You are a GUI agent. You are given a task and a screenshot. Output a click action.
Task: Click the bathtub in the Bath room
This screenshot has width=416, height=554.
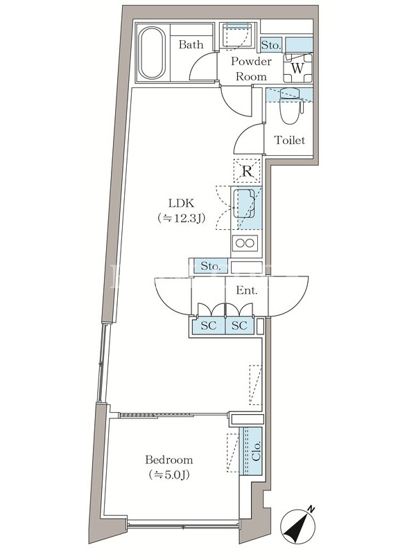pyautogui.click(x=153, y=54)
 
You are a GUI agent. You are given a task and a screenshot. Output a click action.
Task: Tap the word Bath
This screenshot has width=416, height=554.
pyautogui.click(x=191, y=44)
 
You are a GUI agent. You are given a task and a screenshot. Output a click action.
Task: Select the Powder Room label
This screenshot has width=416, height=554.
pyautogui.click(x=251, y=69)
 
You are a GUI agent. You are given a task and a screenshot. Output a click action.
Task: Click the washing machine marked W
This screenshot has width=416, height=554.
pyautogui.click(x=298, y=67)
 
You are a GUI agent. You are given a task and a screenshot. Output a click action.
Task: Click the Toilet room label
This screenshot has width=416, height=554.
pyautogui.click(x=290, y=141)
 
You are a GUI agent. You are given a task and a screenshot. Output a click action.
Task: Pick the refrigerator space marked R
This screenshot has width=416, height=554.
pyautogui.click(x=248, y=171)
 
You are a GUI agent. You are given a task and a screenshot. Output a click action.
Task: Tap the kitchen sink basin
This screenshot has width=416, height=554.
pyautogui.click(x=244, y=204)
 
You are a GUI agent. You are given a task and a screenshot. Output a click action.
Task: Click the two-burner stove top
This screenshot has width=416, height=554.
pyautogui.click(x=245, y=243)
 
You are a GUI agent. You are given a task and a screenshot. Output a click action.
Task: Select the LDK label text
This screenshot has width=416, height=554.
pyautogui.click(x=181, y=203)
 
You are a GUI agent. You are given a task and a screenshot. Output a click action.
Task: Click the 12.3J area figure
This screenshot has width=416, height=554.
pyautogui.click(x=182, y=218)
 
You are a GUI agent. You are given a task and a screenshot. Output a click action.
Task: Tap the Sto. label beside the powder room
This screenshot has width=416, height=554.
pyautogui.click(x=271, y=45)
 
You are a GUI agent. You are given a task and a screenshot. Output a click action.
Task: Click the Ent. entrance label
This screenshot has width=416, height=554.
pyautogui.click(x=247, y=291)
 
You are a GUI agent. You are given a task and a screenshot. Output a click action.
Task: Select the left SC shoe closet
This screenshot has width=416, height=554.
pyautogui.click(x=209, y=325)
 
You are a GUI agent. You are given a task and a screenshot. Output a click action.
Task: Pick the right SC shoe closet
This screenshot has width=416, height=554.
pyautogui.click(x=239, y=325)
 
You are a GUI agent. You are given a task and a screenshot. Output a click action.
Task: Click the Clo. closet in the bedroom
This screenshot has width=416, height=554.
pyautogui.click(x=251, y=451)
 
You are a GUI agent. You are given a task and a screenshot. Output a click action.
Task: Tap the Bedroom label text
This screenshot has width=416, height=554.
pyautogui.click(x=169, y=460)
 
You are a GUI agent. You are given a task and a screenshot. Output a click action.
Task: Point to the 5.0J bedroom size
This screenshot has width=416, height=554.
pyautogui.click(x=169, y=475)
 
